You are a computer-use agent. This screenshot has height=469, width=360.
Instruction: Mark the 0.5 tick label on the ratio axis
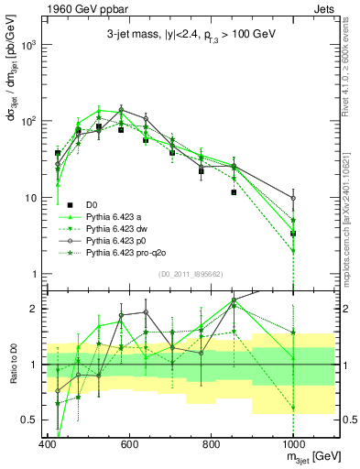[x=30, y=420]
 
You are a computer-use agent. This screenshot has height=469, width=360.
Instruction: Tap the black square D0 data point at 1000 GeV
[x=293, y=234]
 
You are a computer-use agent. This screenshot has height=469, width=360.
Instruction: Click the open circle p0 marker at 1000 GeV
[x=293, y=198]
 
